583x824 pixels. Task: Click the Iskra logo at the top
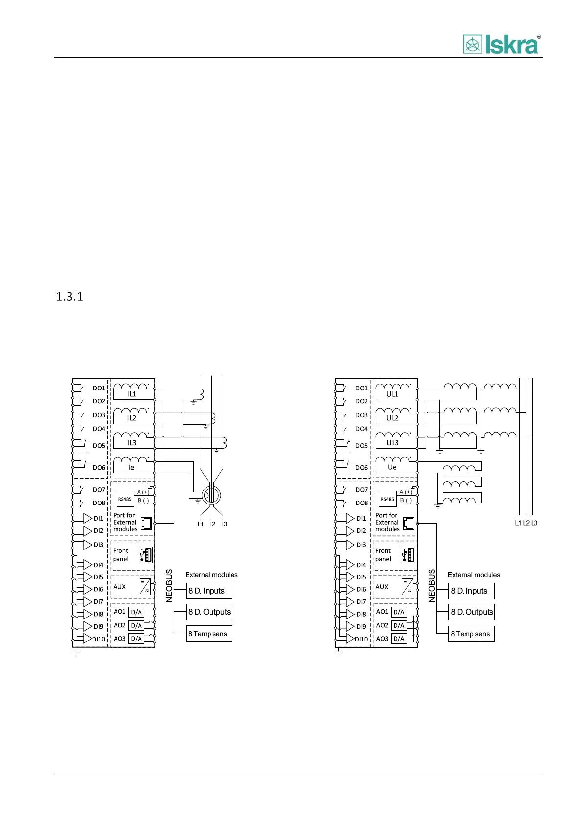click(x=501, y=44)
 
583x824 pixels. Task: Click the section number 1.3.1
click(x=70, y=297)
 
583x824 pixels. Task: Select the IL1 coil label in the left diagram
click(x=132, y=394)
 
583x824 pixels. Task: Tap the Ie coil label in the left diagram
click(x=131, y=467)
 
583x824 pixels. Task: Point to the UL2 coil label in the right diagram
click(x=393, y=418)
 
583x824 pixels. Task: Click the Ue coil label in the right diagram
click(x=392, y=467)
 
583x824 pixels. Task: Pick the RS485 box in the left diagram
click(x=125, y=499)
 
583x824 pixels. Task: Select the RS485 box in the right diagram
click(x=387, y=499)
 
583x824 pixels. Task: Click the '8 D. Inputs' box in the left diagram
click(x=209, y=591)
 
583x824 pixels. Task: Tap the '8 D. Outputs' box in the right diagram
click(x=472, y=612)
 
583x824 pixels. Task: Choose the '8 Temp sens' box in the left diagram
click(x=209, y=634)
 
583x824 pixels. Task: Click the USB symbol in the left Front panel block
click(x=146, y=555)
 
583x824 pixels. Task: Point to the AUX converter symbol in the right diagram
click(x=407, y=587)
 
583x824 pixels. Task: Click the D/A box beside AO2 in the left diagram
click(x=136, y=625)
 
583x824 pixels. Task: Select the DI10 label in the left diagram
click(x=99, y=639)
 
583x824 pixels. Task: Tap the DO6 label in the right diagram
click(x=361, y=468)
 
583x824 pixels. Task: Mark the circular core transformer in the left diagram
click(x=211, y=496)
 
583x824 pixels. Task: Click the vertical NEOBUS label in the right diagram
click(x=432, y=586)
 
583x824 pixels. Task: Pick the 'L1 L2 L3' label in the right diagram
click(x=526, y=523)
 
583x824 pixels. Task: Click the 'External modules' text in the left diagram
click(x=211, y=575)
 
